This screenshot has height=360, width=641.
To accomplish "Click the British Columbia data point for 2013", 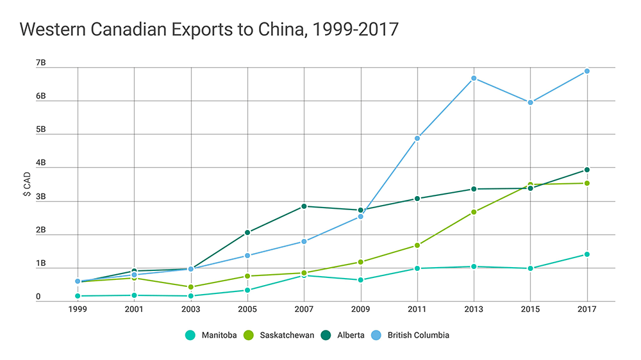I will (474, 78).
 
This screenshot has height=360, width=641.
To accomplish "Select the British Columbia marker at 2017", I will (587, 71).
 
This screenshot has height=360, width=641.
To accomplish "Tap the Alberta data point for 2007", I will (304, 206).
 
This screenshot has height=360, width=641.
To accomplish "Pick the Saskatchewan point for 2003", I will (191, 287).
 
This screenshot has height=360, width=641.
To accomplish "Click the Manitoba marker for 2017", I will (587, 254).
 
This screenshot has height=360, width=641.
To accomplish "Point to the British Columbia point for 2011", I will (417, 138).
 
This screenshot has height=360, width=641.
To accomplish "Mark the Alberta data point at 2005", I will (247, 233).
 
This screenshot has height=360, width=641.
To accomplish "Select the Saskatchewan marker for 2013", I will (474, 212).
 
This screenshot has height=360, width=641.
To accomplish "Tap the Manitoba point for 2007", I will (304, 275).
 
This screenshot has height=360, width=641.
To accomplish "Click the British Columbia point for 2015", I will (530, 102).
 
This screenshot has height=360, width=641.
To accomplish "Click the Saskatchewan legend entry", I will (280, 334).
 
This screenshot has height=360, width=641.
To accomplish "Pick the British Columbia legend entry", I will (413, 334).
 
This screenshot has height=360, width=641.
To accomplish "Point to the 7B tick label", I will (40, 63).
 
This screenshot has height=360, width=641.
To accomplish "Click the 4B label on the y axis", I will (40, 163).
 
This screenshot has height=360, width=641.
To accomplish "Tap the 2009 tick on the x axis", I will (361, 309).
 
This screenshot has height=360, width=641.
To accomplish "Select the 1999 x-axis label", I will (78, 309).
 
